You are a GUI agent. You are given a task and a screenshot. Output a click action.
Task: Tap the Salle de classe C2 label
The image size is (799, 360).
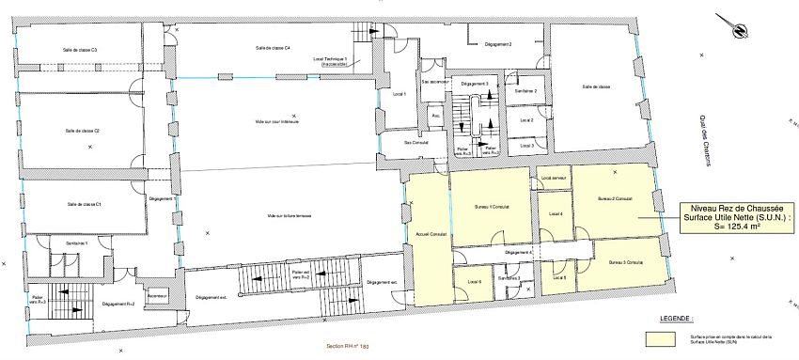click(x=84, y=131)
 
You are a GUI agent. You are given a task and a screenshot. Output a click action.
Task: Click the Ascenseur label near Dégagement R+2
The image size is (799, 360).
click(x=157, y=295)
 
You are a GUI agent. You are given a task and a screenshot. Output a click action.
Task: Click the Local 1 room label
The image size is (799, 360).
click(x=399, y=94)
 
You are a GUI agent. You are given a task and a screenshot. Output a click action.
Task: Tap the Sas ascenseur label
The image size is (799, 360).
click(x=433, y=83)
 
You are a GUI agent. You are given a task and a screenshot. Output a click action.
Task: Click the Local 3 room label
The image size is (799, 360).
click(x=526, y=146)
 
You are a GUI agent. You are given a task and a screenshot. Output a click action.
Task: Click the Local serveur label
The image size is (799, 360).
click(x=554, y=178)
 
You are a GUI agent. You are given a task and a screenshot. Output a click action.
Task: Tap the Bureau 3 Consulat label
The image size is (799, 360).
click(x=625, y=261)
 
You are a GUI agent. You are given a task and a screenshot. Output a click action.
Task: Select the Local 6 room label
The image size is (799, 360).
click(x=474, y=281)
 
